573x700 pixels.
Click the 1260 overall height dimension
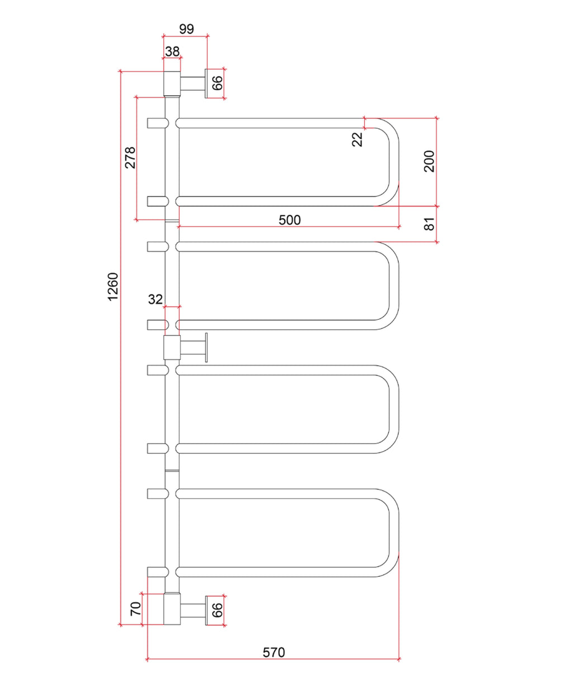[113, 286]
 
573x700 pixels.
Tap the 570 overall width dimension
[274, 652]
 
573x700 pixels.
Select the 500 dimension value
[289, 220]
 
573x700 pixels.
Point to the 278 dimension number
[130, 158]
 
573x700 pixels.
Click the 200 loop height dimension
[429, 161]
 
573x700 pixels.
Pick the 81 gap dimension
[429, 224]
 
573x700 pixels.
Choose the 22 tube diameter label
[357, 139]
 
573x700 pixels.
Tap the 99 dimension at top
[186, 29]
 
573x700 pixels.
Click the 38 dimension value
[172, 52]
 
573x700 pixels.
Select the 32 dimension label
[155, 300]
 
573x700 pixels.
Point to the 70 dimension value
[135, 609]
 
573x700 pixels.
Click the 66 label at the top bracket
[217, 83]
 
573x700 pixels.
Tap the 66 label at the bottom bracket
[217, 610]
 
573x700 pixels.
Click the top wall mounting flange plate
[206, 83]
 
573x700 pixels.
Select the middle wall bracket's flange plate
[206, 348]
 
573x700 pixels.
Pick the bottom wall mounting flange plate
[206, 610]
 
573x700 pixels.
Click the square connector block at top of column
[172, 83]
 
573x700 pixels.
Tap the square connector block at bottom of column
[172, 610]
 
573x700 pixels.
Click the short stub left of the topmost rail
[158, 123]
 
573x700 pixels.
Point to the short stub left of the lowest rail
[158, 572]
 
